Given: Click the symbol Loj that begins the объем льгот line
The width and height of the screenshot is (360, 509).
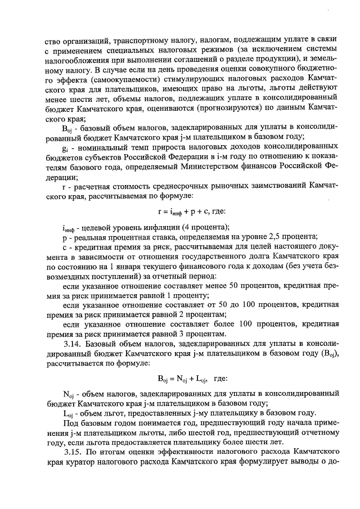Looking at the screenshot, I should click(x=69, y=412).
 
